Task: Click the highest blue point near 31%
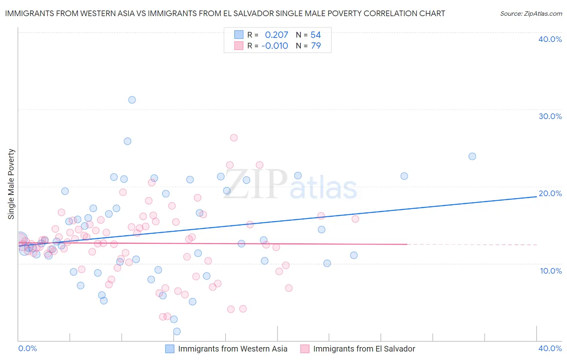click(132, 100)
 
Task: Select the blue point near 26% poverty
click(127, 141)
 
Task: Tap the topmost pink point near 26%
click(234, 138)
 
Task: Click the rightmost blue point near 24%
click(472, 156)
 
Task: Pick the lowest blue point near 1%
click(177, 331)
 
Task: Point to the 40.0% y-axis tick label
click(550, 39)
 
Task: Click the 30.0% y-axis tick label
click(550, 116)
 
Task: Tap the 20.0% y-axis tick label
click(550, 193)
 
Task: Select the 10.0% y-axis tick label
click(550, 270)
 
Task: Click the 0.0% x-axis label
click(27, 348)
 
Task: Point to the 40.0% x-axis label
click(550, 348)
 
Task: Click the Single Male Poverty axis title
click(11, 184)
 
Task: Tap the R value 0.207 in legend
click(276, 35)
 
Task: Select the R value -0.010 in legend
click(275, 46)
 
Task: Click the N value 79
click(316, 46)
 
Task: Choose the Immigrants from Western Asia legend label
click(233, 349)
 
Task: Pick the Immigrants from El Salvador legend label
click(364, 349)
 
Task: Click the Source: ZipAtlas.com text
click(531, 13)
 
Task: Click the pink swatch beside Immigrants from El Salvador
click(305, 349)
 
